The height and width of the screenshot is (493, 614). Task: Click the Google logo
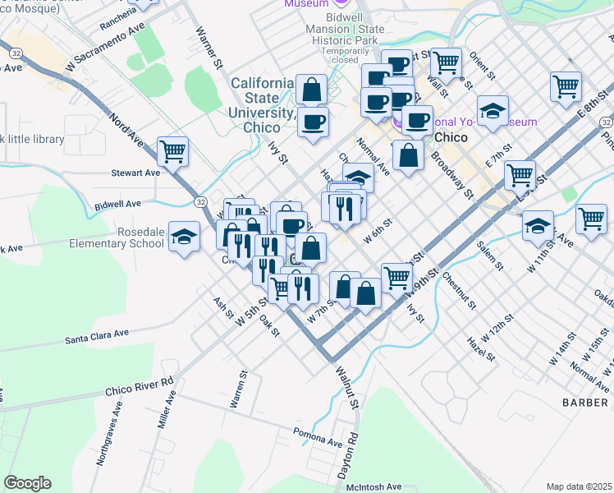pyautogui.click(x=27, y=482)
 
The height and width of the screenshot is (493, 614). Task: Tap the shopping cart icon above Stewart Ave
pyautogui.click(x=172, y=150)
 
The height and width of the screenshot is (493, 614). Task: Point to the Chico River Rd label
pyautogui.click(x=140, y=387)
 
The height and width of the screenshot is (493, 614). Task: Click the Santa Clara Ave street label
pyautogui.click(x=98, y=335)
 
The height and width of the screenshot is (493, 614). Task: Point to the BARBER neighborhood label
pyautogui.click(x=586, y=402)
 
